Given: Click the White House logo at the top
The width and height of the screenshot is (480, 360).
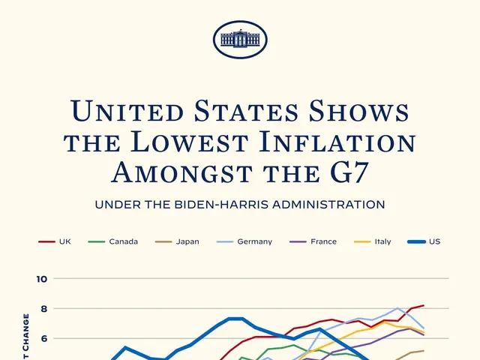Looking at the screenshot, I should [239, 39].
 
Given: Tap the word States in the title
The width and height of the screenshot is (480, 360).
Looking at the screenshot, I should [242, 112].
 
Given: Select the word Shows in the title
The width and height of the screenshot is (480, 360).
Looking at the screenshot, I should [360, 112].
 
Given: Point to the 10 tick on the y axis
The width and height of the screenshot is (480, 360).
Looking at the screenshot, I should [41, 279].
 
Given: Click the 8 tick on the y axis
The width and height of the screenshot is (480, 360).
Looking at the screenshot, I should [43, 308].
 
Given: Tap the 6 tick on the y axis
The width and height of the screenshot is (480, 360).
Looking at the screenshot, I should [43, 338].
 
